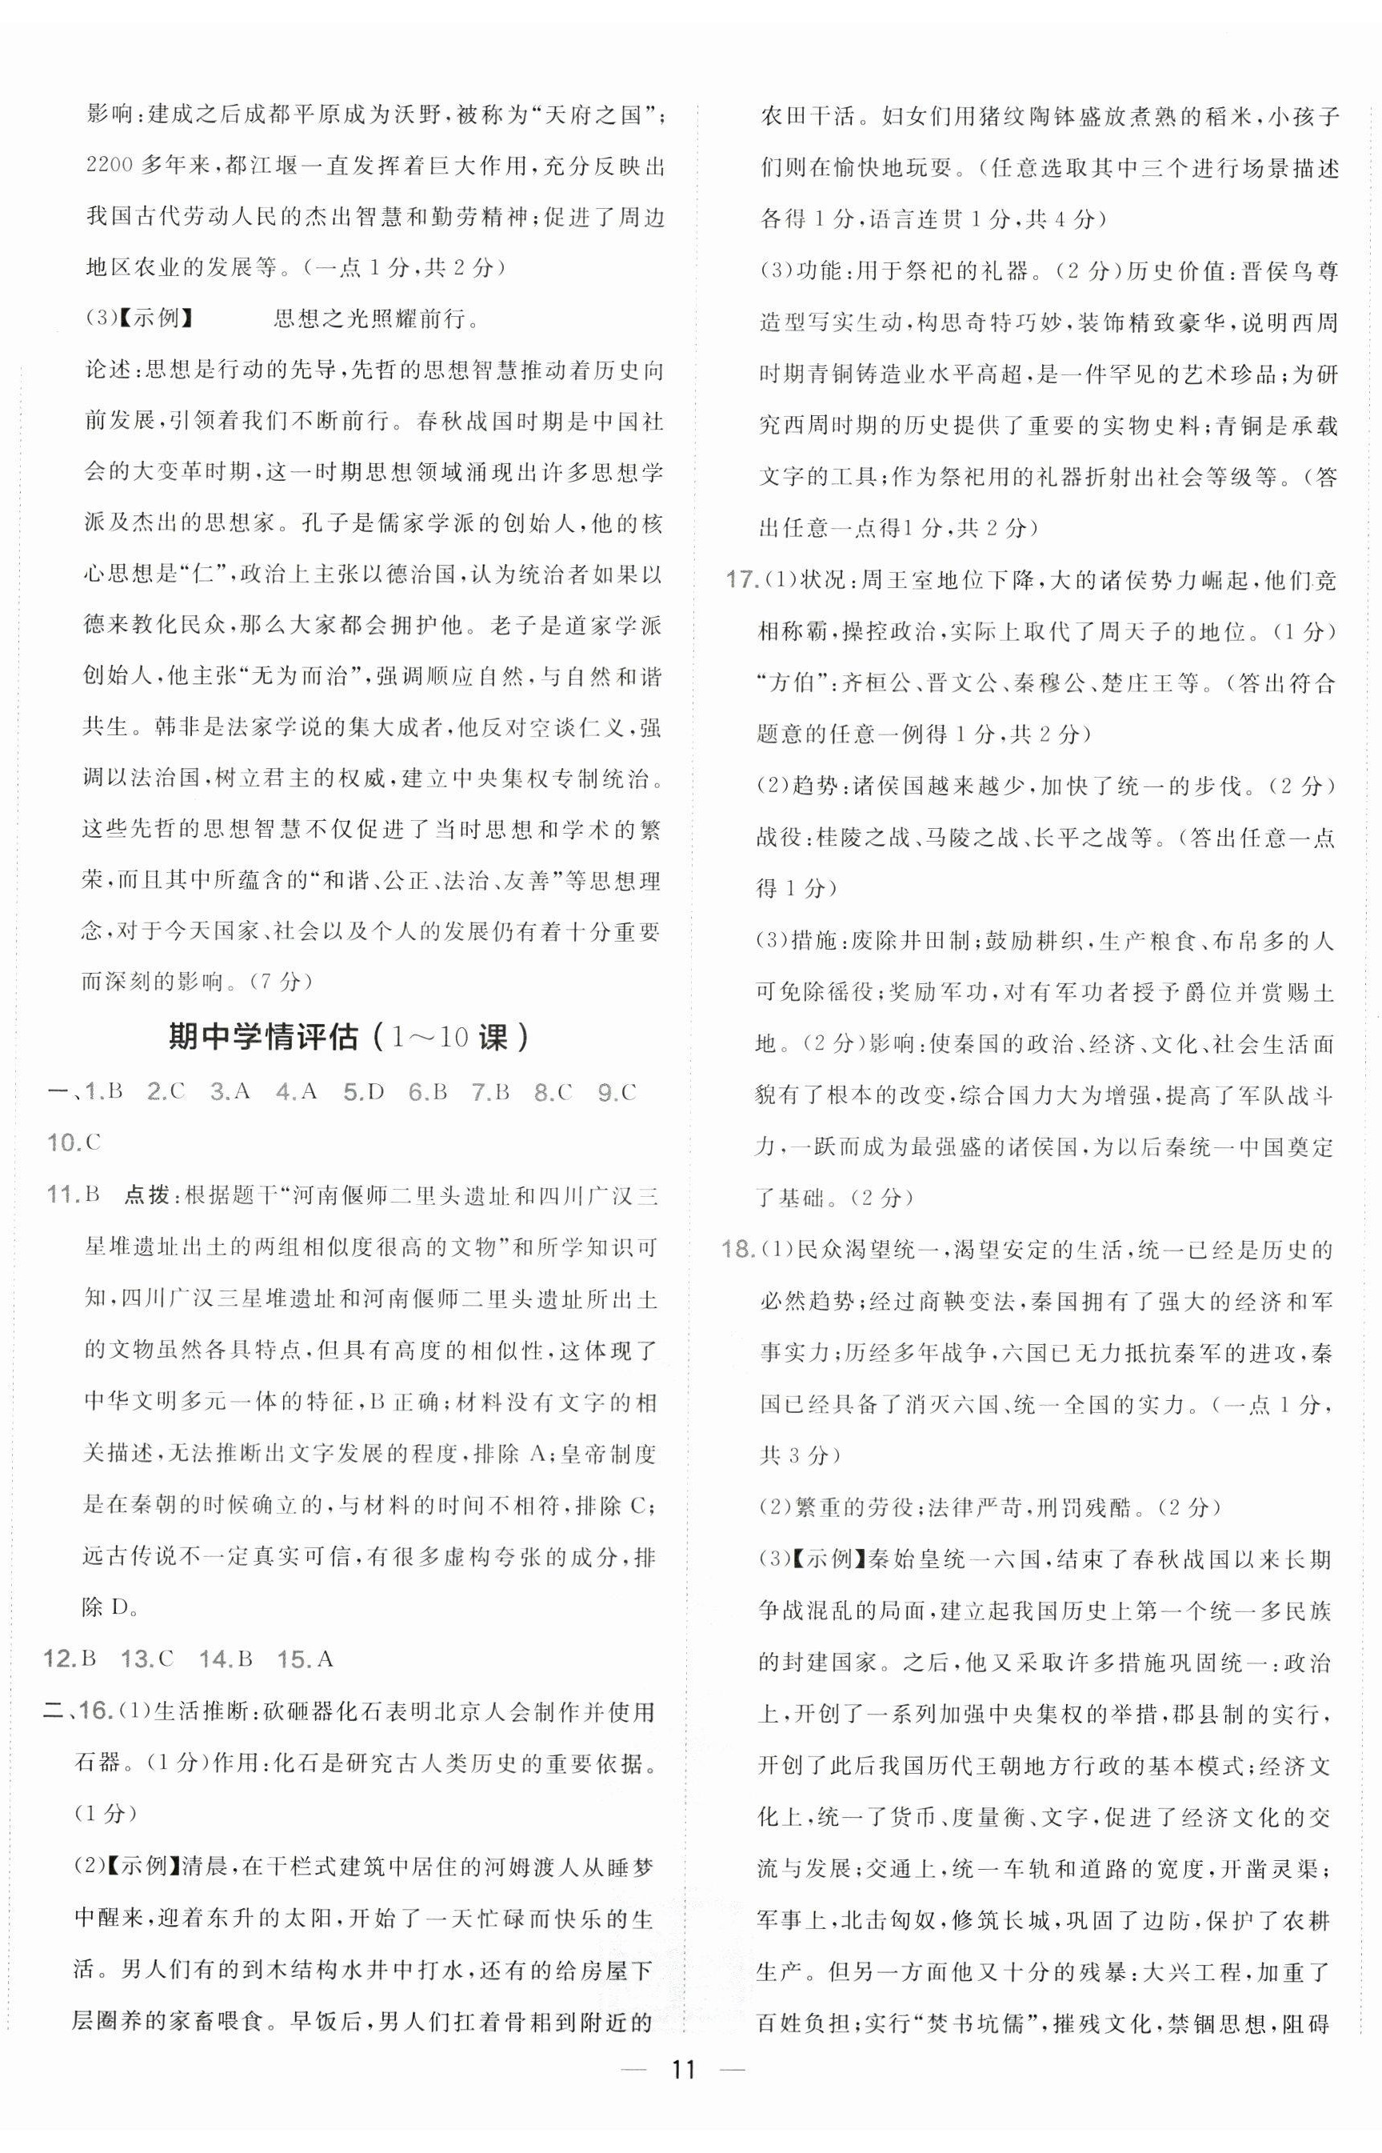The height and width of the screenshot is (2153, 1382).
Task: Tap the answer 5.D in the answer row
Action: [x=362, y=1092]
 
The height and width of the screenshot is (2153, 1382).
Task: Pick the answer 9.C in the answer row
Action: [x=617, y=1092]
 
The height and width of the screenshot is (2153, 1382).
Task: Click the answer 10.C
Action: [x=74, y=1143]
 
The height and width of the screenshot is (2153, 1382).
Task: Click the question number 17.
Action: [x=741, y=581]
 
